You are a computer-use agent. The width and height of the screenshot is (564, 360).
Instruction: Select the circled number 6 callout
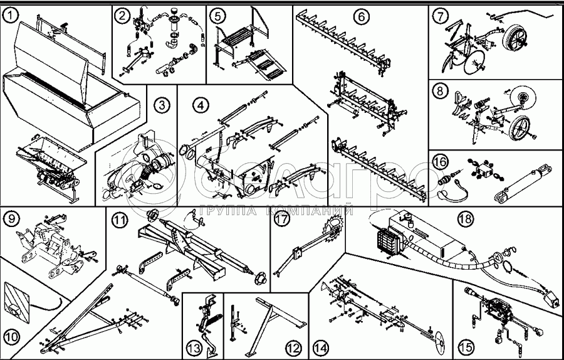(362, 16)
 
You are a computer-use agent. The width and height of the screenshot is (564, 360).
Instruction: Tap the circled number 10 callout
(11, 337)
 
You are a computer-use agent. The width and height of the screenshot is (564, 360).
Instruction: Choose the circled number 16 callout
(440, 161)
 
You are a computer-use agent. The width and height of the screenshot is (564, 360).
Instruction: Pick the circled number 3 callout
(162, 105)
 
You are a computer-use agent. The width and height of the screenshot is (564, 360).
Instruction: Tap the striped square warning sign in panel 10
(16, 299)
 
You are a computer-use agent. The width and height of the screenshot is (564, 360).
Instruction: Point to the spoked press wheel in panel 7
(515, 35)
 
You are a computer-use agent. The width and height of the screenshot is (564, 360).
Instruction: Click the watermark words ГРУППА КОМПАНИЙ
(276, 210)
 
